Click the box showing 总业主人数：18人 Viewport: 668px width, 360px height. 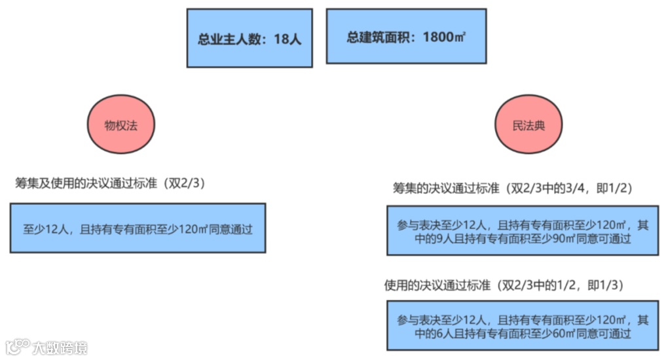(x=250, y=38)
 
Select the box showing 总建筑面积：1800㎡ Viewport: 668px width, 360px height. (x=406, y=37)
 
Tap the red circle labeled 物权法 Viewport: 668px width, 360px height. (x=121, y=125)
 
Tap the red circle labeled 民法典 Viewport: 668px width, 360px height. (x=528, y=125)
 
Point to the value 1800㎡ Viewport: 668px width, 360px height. (x=444, y=37)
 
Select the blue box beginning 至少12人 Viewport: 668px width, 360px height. (x=138, y=228)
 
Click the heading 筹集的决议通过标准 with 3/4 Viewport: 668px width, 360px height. (x=512, y=189)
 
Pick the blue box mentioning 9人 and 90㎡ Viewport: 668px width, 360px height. (x=523, y=231)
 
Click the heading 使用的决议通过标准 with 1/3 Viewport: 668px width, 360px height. (x=503, y=286)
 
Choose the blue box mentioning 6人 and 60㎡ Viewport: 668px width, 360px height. (x=523, y=326)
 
